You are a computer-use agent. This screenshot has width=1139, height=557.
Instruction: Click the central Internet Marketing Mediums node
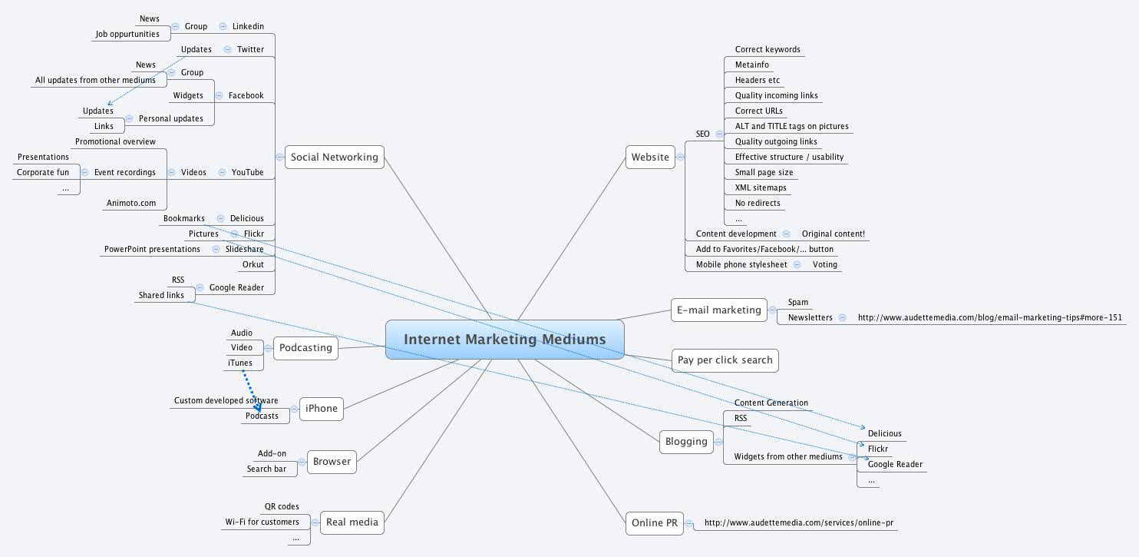point(504,340)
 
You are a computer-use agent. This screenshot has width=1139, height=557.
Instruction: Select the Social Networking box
point(334,157)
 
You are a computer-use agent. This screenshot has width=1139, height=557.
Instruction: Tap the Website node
point(650,157)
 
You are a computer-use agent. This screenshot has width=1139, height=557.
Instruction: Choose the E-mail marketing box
point(718,310)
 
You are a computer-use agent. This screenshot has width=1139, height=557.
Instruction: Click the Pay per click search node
point(725,360)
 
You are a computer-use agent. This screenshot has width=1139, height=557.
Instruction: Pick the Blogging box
point(686,441)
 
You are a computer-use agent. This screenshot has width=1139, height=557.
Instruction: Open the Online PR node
point(654,523)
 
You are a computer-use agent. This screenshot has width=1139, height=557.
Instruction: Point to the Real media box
point(352,522)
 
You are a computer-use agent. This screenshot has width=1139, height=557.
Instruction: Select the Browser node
point(332,462)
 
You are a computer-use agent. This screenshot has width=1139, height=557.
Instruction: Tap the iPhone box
point(321,409)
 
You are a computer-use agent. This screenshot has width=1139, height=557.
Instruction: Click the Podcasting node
point(305,348)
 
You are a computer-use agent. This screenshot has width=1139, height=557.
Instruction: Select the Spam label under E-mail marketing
point(798,303)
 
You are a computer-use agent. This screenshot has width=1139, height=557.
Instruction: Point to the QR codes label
point(282,507)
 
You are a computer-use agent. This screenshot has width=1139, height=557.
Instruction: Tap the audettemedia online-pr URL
point(798,523)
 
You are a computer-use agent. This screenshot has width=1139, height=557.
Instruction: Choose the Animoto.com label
point(131,204)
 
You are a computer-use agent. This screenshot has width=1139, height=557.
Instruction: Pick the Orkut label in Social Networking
point(253,264)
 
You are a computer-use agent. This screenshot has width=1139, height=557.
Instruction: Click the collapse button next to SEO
point(719,134)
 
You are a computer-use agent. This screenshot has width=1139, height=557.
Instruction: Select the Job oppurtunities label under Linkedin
point(127,34)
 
